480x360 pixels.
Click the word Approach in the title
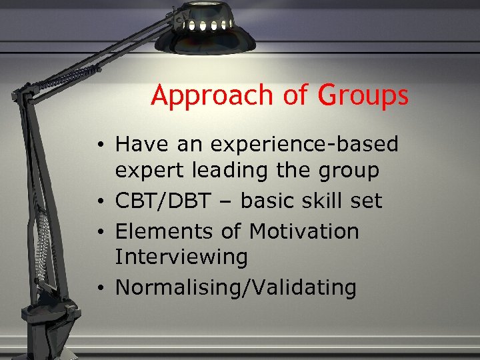coord(211,96)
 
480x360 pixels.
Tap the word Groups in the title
coord(363,96)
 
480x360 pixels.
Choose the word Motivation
coord(303,231)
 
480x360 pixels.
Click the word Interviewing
coord(181,257)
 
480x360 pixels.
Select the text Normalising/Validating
coord(236,287)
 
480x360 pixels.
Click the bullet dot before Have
coord(98,144)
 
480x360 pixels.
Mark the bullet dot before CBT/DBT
coord(98,201)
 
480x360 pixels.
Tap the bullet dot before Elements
coord(98,232)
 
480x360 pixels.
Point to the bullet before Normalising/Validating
coord(98,288)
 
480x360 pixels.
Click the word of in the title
coord(294,96)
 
